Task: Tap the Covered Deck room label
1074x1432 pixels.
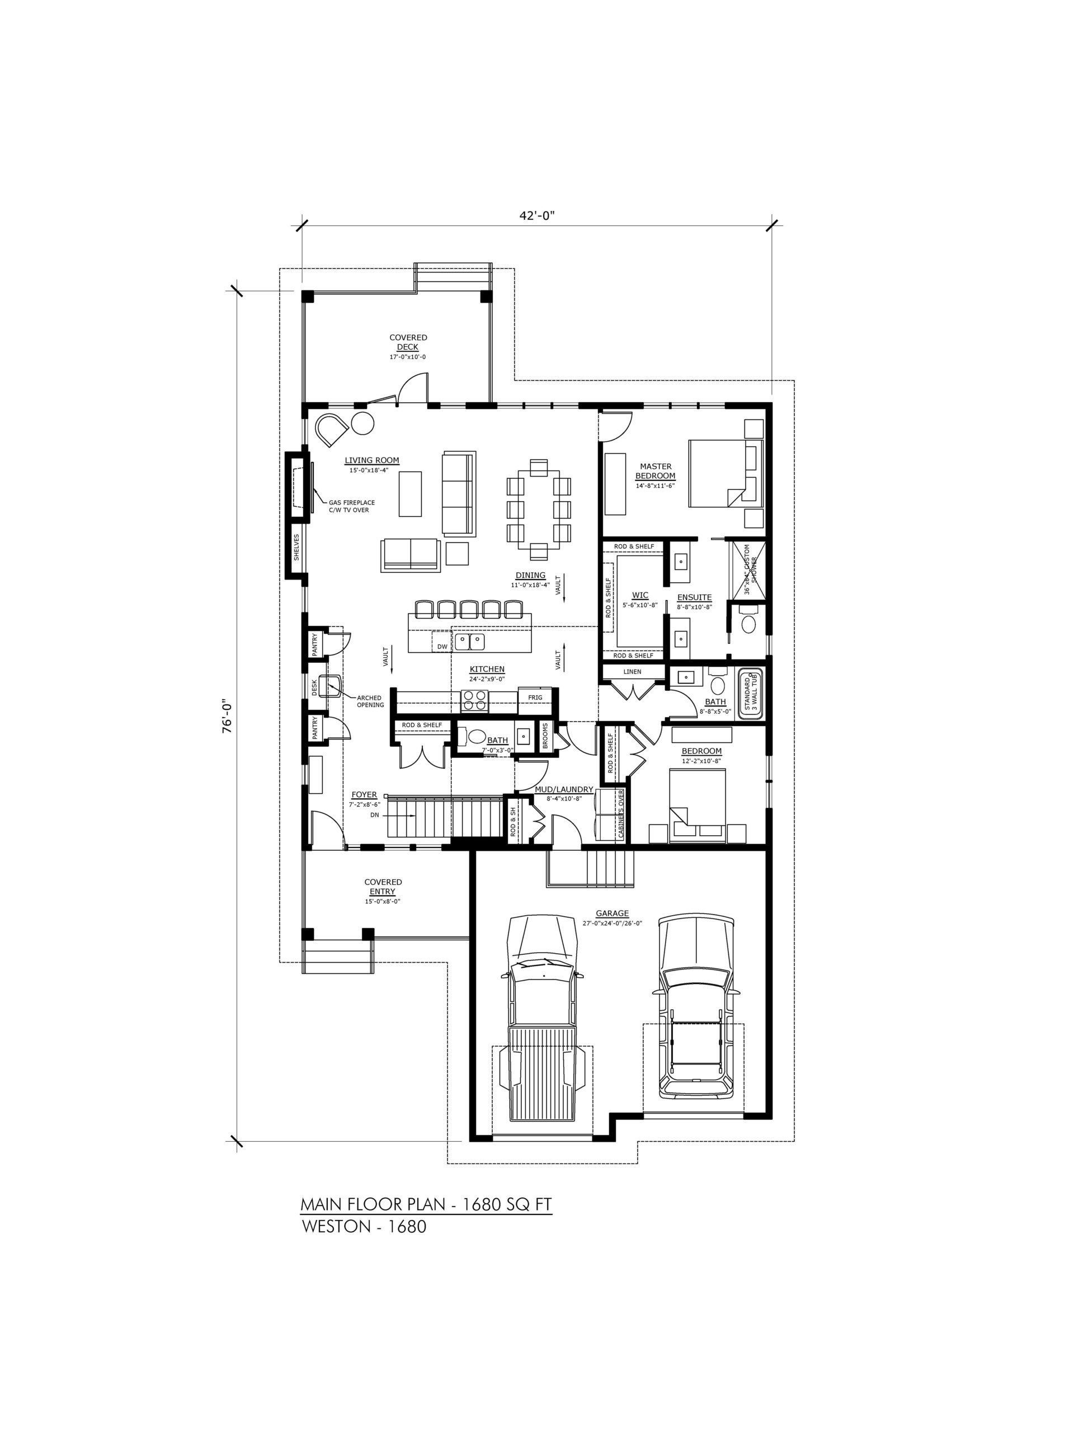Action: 408,342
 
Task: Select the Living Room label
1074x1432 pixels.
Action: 371,460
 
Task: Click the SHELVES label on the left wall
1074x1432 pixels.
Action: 296,547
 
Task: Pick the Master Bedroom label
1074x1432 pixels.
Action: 655,470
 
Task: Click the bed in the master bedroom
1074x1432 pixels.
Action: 725,473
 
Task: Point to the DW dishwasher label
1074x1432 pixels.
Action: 442,646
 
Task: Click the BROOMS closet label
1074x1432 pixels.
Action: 545,736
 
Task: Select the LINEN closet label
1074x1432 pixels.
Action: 633,671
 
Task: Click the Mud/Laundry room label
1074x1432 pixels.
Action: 564,789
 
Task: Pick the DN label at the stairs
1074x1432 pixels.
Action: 374,815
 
